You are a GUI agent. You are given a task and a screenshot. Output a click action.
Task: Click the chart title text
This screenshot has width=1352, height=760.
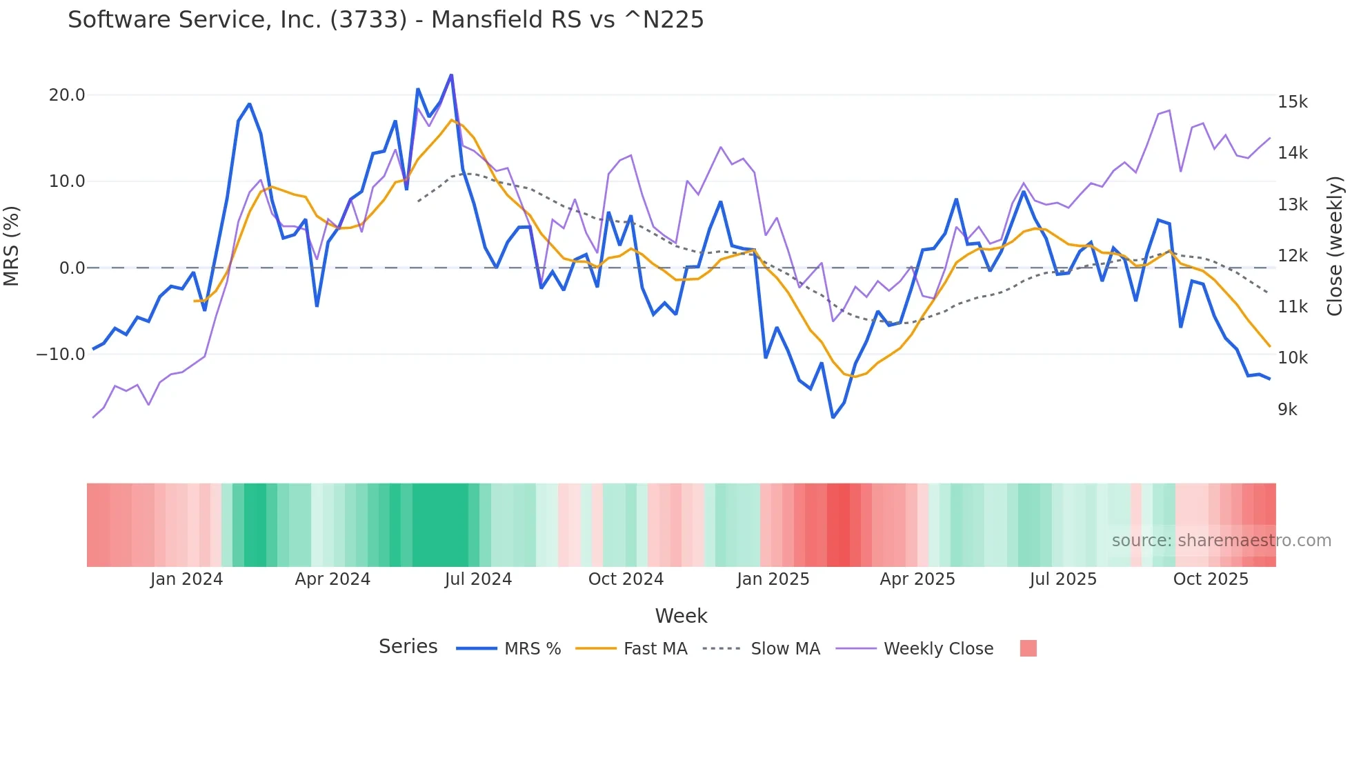(x=386, y=20)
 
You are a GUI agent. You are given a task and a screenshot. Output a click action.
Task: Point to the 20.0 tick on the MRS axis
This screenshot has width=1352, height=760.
(x=67, y=95)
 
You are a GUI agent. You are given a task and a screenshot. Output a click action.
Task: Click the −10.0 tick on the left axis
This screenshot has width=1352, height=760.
(x=61, y=354)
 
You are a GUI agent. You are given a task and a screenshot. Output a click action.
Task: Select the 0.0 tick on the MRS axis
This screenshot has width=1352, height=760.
(x=72, y=268)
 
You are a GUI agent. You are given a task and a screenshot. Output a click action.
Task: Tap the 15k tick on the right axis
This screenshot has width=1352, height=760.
(x=1292, y=102)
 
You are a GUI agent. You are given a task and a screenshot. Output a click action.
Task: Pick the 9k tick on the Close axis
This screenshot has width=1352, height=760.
(x=1287, y=410)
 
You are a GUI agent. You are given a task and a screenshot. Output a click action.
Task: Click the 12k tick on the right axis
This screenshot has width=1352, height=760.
(x=1292, y=256)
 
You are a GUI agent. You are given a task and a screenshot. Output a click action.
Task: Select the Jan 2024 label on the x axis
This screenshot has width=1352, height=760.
(x=186, y=579)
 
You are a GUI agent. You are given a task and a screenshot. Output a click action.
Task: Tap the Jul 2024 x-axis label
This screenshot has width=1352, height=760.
(x=478, y=579)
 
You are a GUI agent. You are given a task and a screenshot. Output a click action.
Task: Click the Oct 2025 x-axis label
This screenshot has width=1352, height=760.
(x=1211, y=579)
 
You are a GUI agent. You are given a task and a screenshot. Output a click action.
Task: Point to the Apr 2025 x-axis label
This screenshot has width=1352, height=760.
(x=917, y=579)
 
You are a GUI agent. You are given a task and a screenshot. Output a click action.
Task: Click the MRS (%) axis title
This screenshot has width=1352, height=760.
(x=12, y=246)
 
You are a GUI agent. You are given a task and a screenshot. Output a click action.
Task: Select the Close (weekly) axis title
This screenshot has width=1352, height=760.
(x=1335, y=246)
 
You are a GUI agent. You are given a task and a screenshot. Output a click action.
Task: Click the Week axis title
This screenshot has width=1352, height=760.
(x=681, y=616)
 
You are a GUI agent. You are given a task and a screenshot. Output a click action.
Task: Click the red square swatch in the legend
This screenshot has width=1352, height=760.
(x=1028, y=648)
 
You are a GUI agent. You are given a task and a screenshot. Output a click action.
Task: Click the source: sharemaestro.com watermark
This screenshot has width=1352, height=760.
(x=1221, y=541)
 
